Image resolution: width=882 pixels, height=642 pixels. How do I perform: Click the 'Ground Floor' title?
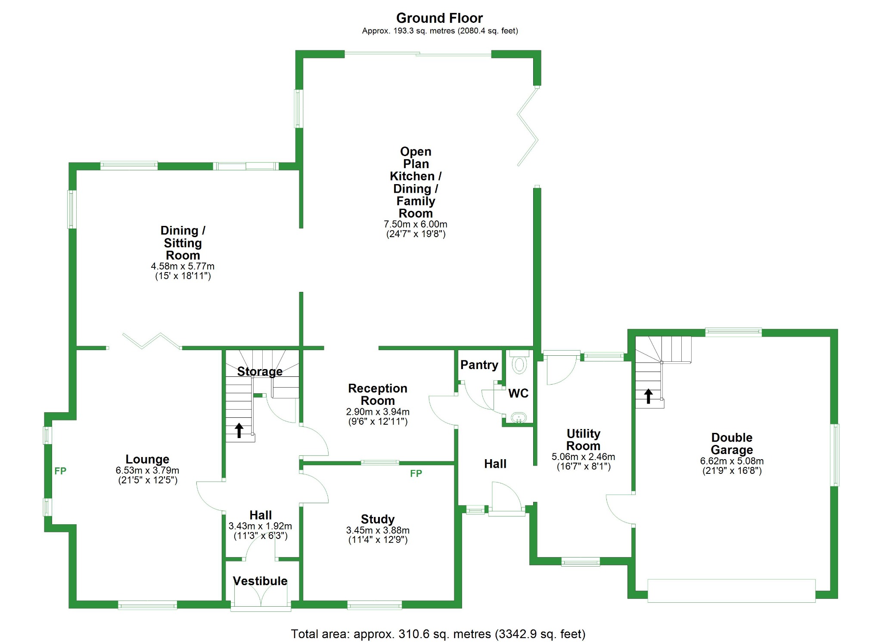pyautogui.click(x=439, y=18)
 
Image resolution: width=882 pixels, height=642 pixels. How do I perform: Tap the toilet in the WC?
pyautogui.click(x=519, y=363)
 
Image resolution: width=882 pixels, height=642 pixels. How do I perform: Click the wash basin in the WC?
pyautogui.click(x=519, y=417)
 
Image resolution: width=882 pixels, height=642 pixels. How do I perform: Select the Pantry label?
pyautogui.click(x=479, y=365)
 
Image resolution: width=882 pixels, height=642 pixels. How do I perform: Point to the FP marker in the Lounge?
pyautogui.click(x=60, y=471)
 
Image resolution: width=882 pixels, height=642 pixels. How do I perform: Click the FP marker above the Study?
pyautogui.click(x=416, y=473)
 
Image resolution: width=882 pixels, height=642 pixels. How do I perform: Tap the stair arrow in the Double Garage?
pyautogui.click(x=648, y=396)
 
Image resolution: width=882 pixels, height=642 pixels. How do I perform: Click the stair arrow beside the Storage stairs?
pyautogui.click(x=239, y=430)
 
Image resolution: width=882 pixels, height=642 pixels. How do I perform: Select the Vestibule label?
pyautogui.click(x=260, y=581)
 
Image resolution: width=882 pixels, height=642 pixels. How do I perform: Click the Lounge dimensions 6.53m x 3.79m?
pyautogui.click(x=147, y=470)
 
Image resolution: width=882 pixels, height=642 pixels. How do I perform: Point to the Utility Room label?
pyautogui.click(x=583, y=439)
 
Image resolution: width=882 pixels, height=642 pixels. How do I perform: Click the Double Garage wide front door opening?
pyautogui.click(x=731, y=590)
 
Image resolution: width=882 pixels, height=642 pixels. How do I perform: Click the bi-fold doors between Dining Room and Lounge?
pyautogui.click(x=151, y=341)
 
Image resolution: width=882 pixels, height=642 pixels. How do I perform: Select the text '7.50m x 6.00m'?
pyautogui.click(x=415, y=224)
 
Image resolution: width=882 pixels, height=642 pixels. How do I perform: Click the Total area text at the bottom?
pyautogui.click(x=438, y=634)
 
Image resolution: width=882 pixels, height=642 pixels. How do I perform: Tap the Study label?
pyautogui.click(x=378, y=519)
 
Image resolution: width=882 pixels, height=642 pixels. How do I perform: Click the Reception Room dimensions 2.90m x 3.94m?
pyautogui.click(x=378, y=412)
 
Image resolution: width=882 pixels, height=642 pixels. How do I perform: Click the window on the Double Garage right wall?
pyautogui.click(x=835, y=455)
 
